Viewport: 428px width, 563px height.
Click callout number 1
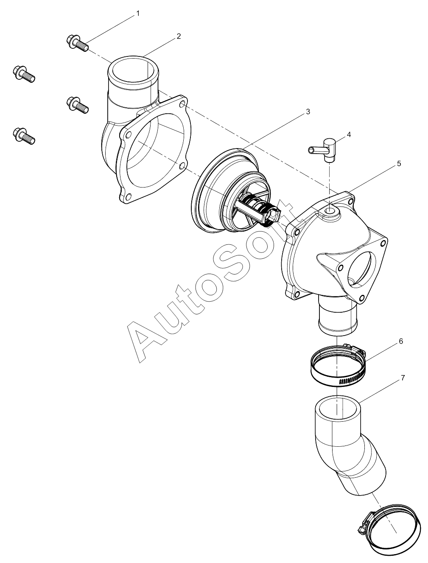[x=138, y=13]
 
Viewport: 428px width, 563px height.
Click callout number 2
[x=179, y=36]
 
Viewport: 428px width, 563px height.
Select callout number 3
[x=308, y=112]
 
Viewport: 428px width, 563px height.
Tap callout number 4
[x=349, y=134]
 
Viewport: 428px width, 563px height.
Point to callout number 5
[x=399, y=163]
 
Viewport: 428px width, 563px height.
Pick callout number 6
[x=400, y=341]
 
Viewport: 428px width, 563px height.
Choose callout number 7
[x=403, y=378]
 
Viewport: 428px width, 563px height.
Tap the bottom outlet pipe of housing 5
[x=338, y=316]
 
